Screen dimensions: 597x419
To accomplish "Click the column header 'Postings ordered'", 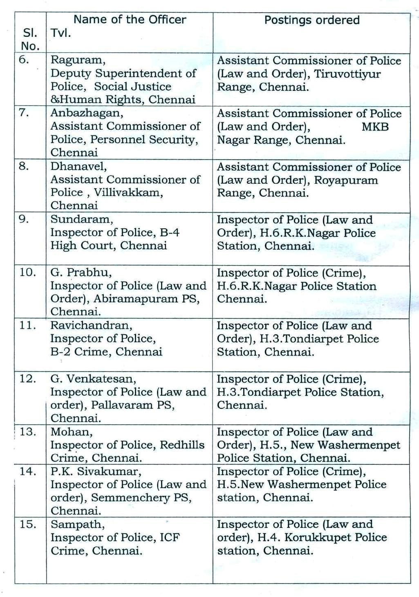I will pos(311,20).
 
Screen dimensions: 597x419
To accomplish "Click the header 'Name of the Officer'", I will pos(130,20).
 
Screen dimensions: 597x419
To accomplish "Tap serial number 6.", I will pos(24,60).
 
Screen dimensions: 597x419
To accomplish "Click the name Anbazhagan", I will pos(87,113).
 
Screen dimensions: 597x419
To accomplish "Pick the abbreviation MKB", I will pos(375,127).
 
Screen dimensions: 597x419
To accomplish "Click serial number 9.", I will pos(24,219).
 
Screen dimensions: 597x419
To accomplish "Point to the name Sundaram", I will pos(81,219).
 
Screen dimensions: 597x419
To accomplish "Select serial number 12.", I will pos(28,378).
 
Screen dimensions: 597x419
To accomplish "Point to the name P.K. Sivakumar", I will pos(96,471).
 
